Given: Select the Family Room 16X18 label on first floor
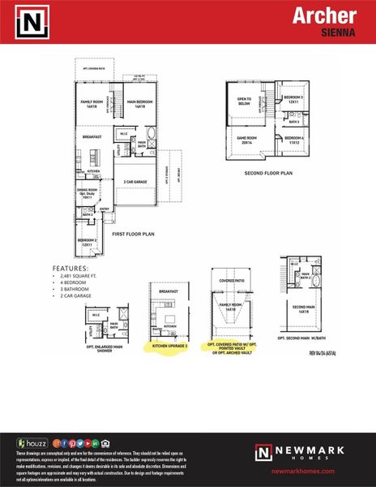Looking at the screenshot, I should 92,105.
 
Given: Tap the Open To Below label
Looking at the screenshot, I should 244,101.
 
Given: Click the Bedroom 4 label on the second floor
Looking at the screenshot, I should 293,139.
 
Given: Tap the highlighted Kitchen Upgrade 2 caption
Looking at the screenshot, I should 169,345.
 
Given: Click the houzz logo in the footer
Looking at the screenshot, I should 32,443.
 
